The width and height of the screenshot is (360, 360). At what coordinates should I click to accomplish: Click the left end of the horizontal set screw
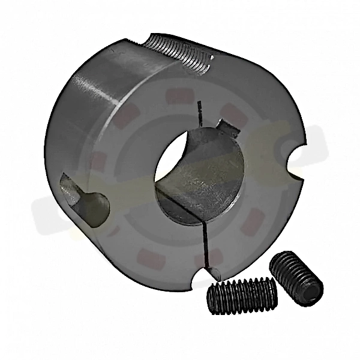point(211,298)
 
